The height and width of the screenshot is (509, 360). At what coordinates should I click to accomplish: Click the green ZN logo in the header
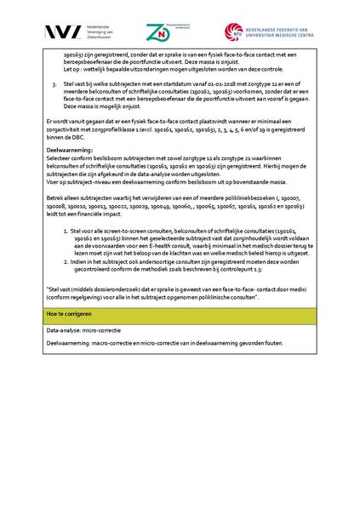coord(157,32)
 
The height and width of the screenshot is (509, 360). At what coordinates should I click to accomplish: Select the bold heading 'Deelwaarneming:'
coord(70,150)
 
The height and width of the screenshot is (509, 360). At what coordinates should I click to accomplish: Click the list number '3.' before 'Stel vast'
coord(54,86)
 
